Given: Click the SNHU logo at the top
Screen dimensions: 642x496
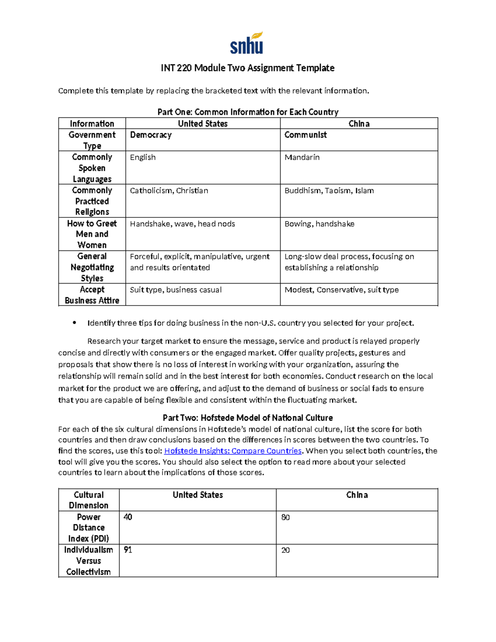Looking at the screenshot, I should [247, 43].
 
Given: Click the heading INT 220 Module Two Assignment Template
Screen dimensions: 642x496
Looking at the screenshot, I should [248, 68].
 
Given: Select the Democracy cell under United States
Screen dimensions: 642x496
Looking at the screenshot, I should [150, 135].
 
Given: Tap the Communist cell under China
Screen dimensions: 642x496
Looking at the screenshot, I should [305, 135].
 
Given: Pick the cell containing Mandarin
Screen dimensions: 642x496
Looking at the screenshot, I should [302, 157].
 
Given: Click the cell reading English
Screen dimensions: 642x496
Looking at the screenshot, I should [143, 157].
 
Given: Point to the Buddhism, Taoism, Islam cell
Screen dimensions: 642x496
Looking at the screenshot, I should [329, 191].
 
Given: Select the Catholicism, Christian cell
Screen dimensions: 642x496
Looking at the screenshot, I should [169, 191].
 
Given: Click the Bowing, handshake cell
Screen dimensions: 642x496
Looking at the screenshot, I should [319, 224].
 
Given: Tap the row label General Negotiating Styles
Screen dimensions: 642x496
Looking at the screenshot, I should [92, 267].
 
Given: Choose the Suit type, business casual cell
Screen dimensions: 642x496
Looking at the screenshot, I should [176, 290].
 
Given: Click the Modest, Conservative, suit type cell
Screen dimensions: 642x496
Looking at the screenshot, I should [341, 290].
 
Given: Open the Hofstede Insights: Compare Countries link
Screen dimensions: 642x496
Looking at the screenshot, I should [233, 451].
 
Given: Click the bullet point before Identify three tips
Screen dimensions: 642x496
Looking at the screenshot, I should [74, 323].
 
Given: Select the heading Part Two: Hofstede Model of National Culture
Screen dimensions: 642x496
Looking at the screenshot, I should [248, 418].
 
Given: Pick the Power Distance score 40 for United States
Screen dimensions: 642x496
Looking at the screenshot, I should [128, 517].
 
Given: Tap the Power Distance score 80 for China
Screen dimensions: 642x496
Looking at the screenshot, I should [285, 518].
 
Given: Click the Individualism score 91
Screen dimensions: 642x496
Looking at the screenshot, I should [128, 550].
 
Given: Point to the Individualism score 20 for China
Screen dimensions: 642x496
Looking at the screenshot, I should [285, 550].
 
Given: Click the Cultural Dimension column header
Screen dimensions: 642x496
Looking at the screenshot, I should [88, 500].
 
